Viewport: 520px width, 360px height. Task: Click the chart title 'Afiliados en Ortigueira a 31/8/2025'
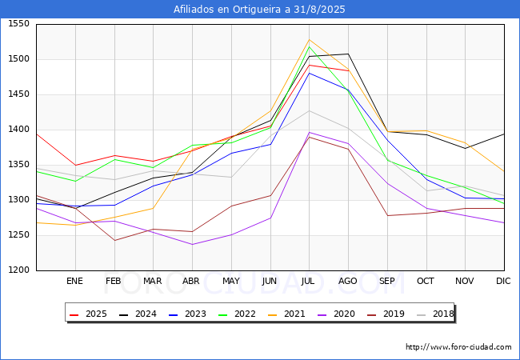click(259, 10)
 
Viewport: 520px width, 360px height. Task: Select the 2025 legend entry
click(88, 314)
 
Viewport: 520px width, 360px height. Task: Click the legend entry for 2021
click(286, 314)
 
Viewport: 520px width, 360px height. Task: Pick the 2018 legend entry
click(435, 314)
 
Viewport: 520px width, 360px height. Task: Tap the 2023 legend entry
click(187, 314)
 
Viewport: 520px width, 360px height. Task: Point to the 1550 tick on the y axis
click(19, 24)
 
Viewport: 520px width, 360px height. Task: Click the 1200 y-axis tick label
click(19, 270)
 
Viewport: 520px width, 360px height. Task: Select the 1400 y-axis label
click(19, 130)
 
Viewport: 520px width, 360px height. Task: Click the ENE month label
click(74, 281)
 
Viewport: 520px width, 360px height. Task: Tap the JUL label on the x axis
click(308, 281)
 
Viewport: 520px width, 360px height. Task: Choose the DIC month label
click(503, 281)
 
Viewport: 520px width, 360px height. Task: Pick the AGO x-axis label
click(347, 281)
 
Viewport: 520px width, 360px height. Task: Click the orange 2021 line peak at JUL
click(310, 40)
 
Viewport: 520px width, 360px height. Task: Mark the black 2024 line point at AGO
click(348, 54)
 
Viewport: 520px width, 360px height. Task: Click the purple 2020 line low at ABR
click(192, 244)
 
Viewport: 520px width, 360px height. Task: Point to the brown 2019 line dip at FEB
click(114, 240)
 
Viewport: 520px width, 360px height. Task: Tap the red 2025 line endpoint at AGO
click(348, 70)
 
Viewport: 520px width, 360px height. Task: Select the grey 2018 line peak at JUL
click(310, 110)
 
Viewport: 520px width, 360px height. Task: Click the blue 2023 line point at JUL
click(310, 73)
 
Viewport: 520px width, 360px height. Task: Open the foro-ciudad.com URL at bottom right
click(458, 347)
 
